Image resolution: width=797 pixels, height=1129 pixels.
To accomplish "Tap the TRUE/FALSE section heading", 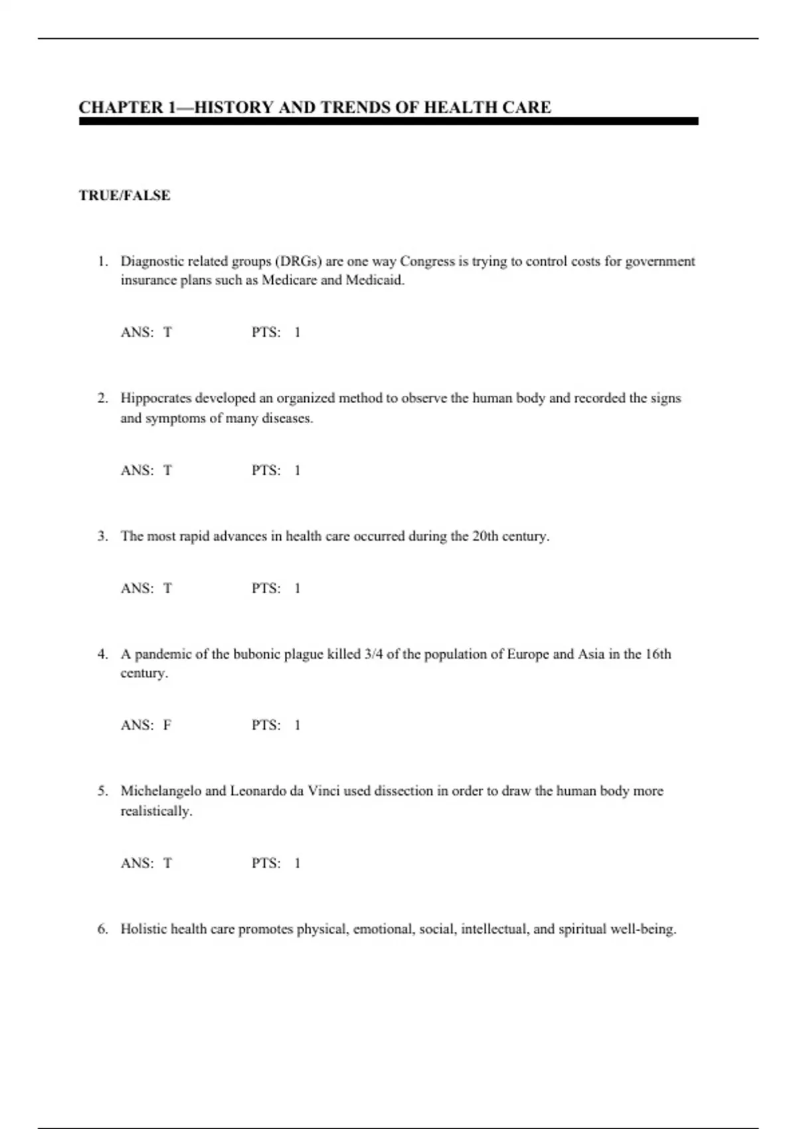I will (124, 195).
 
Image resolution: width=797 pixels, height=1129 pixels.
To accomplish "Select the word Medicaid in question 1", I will (375, 280).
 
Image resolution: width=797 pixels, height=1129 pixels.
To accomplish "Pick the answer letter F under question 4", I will (167, 725).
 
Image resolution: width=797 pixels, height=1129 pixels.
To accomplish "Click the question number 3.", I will (102, 536).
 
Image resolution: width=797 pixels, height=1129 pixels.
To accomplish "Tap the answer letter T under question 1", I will (167, 332).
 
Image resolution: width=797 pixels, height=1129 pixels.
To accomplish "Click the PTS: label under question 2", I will (266, 470).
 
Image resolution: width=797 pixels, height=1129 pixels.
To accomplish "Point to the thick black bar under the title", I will (389, 122).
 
